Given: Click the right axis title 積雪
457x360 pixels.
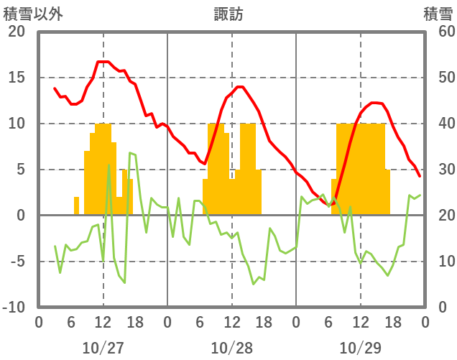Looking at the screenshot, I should [437, 14].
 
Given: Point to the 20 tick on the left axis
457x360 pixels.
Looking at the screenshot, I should [16, 32].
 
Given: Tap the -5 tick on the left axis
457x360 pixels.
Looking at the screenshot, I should [17, 262].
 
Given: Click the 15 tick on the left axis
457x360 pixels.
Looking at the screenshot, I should [16, 78].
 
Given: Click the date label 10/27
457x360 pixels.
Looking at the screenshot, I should [103, 348].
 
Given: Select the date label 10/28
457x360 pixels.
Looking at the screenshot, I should [231, 348].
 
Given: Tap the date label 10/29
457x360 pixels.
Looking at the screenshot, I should [360, 348].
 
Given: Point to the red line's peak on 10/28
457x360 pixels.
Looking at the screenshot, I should [239, 87].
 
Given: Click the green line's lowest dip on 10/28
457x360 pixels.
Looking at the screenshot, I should [254, 284].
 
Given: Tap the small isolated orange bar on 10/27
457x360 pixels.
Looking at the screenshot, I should [76, 206].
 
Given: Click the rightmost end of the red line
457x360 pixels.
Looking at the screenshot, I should [420, 175].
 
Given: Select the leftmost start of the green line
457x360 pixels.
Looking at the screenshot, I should [55, 246].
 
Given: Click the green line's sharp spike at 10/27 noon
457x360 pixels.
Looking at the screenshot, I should [109, 165].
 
